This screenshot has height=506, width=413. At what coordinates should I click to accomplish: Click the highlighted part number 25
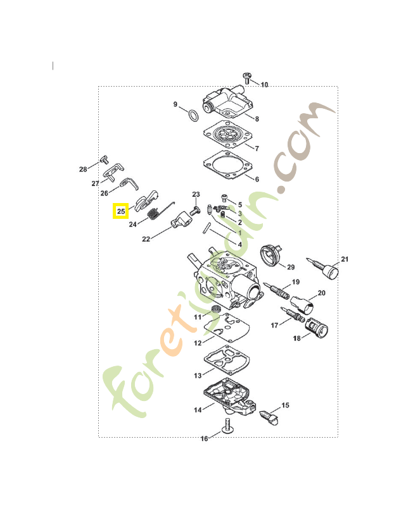pyautogui.click(x=121, y=211)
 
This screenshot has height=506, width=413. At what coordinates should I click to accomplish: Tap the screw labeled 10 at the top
pyautogui.click(x=247, y=78)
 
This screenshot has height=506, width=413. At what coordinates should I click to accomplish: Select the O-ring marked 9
pyautogui.click(x=193, y=116)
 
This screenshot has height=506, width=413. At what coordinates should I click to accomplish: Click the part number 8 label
pyautogui.click(x=257, y=119)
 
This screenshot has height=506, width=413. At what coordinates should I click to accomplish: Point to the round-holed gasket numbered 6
pyautogui.click(x=228, y=165)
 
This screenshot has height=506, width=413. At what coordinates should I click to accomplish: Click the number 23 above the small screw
pyautogui.click(x=196, y=194)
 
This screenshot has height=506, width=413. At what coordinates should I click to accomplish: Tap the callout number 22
pyautogui.click(x=146, y=239)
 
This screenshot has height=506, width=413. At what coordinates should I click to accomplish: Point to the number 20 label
pyautogui.click(x=321, y=293)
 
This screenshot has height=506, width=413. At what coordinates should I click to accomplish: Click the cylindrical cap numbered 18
pyautogui.click(x=317, y=328)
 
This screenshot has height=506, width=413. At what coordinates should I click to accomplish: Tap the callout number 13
pyautogui.click(x=198, y=375)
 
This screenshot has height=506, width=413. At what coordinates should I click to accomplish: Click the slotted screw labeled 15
pyautogui.click(x=269, y=417)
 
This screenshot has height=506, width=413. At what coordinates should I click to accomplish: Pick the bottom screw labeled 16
pyautogui.click(x=227, y=425)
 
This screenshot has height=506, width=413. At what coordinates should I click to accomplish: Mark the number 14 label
pyautogui.click(x=198, y=410)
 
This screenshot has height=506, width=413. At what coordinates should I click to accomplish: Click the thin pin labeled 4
pyautogui.click(x=206, y=228)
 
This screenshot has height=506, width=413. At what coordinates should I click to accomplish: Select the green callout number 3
pyautogui.click(x=240, y=214)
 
